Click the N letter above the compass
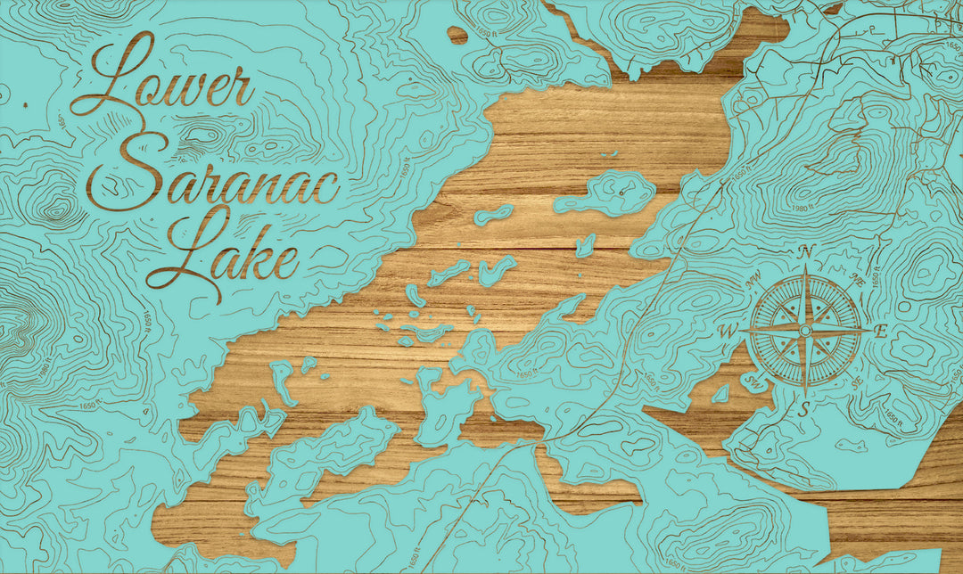click(806, 252)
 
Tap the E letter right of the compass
click(881, 331)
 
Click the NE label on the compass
click(857, 280)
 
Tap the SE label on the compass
click(856, 383)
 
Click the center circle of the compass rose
click(805, 331)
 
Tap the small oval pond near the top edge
click(457, 35)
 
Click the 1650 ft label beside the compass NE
click(878, 279)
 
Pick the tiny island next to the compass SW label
click(720, 393)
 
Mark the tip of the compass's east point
click(868, 330)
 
